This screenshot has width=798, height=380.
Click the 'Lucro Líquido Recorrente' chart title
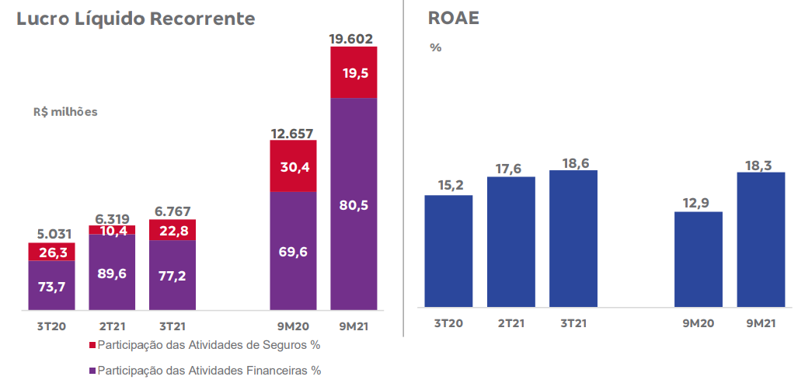click(x=136, y=19)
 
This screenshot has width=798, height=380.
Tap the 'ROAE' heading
click(x=453, y=19)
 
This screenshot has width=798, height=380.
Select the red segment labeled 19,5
click(x=354, y=72)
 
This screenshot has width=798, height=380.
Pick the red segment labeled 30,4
click(x=293, y=166)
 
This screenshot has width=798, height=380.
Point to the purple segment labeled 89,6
click(x=112, y=272)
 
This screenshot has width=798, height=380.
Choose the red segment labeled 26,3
click(x=51, y=252)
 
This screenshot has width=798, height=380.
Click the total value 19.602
click(x=351, y=38)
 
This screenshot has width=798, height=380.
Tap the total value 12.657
click(x=293, y=133)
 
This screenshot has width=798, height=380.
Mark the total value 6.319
click(x=112, y=219)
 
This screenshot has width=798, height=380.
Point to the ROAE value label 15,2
click(x=448, y=185)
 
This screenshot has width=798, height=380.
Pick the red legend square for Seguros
click(x=92, y=344)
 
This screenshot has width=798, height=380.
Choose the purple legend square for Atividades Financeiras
click(x=92, y=371)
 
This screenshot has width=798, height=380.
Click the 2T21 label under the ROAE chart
click(x=511, y=322)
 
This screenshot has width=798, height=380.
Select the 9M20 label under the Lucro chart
click(x=293, y=327)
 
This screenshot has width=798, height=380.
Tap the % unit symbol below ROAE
click(x=435, y=47)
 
